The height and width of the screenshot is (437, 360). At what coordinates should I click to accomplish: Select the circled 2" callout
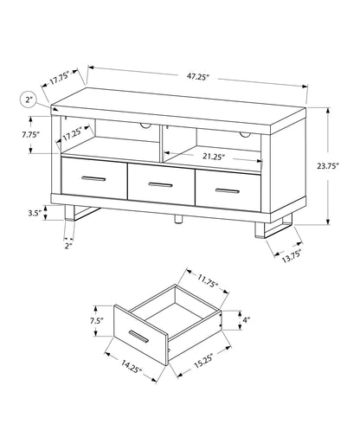point(29,101)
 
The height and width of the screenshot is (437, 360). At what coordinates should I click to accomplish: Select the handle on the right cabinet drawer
point(227,190)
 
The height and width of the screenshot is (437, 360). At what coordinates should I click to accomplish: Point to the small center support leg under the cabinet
point(177,221)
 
